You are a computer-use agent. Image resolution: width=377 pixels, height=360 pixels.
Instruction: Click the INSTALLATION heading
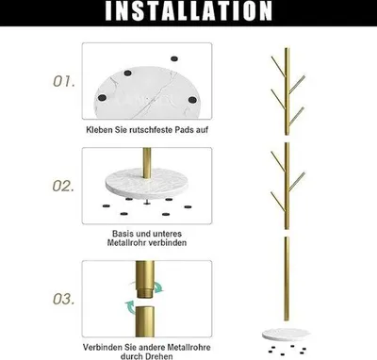pyautogui.click(x=188, y=11)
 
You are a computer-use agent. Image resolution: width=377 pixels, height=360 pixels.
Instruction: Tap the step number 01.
pyautogui.click(x=64, y=81)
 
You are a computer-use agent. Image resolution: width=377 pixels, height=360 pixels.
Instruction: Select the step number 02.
pyautogui.click(x=63, y=186)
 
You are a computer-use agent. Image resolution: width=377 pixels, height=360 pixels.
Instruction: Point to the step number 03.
pyautogui.click(x=64, y=299)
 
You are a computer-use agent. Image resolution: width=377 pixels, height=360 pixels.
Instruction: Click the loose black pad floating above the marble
pyautogui.click(x=174, y=58)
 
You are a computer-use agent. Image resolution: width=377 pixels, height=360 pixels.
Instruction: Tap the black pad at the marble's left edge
pyautogui.click(x=102, y=98)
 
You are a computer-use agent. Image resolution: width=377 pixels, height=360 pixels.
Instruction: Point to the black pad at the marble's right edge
pyautogui.click(x=192, y=100)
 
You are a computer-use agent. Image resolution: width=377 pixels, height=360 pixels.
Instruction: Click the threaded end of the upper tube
pyautogui.click(x=145, y=291)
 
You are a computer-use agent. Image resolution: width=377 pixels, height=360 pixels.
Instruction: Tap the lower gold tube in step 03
pyautogui.click(x=145, y=321)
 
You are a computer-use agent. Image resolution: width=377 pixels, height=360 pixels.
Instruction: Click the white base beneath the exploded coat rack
pyautogui.click(x=286, y=335)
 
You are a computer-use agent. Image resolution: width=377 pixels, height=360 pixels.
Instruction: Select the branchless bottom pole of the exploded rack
pyautogui.click(x=287, y=279)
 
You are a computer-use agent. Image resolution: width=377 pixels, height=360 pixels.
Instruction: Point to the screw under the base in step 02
pyautogui.click(x=147, y=202)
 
